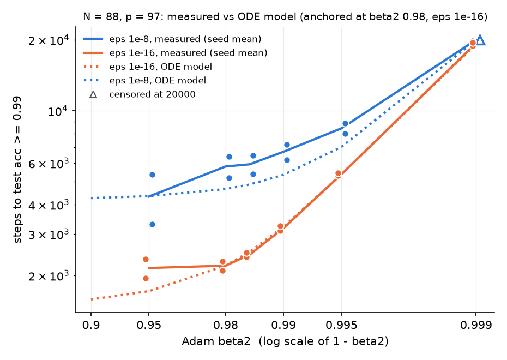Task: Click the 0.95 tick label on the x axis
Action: (x=149, y=325)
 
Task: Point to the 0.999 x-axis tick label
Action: (x=476, y=325)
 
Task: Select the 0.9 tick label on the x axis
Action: (x=91, y=325)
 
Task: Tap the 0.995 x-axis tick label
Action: (x=341, y=325)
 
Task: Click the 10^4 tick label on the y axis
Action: (x=58, y=111)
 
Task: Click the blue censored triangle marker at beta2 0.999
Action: (x=480, y=41)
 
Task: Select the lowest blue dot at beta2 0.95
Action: (x=152, y=225)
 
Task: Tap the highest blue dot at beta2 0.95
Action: (x=152, y=175)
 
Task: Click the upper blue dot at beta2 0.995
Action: (x=345, y=124)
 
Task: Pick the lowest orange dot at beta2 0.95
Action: (x=146, y=279)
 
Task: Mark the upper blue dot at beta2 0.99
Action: (x=287, y=145)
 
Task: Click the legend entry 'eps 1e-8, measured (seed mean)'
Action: (x=172, y=39)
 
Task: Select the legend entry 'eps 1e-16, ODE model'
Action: (x=147, y=67)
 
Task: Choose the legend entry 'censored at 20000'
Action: (x=142, y=94)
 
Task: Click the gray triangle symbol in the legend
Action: (x=93, y=94)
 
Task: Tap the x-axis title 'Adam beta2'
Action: (x=216, y=341)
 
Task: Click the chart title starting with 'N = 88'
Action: (x=285, y=16)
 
